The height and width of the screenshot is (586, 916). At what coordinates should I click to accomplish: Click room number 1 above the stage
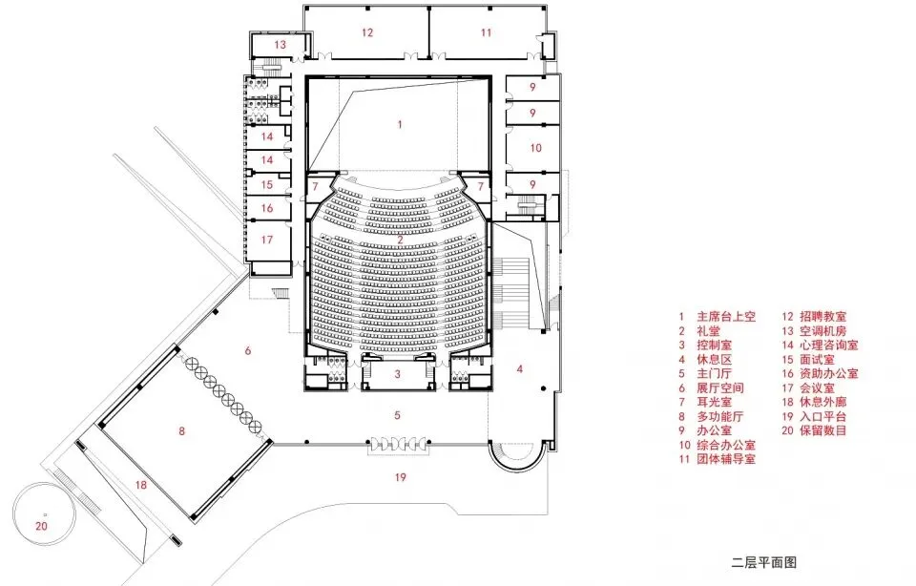[x=401, y=124]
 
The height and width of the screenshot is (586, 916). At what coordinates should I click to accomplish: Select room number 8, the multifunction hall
[x=182, y=430]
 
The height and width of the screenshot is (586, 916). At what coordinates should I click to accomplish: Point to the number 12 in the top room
[x=367, y=32]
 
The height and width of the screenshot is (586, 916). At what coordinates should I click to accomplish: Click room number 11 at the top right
[x=487, y=32]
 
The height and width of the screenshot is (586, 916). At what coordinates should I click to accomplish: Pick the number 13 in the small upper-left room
[x=281, y=45]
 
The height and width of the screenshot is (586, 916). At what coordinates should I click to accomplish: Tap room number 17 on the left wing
[x=268, y=240]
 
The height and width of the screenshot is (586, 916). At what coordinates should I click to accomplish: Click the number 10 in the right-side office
[x=535, y=148]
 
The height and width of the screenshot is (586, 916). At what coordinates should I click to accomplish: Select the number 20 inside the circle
[x=41, y=524]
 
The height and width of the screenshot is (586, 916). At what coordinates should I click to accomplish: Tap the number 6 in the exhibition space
[x=248, y=351]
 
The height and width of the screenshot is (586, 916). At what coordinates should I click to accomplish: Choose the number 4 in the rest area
[x=521, y=367]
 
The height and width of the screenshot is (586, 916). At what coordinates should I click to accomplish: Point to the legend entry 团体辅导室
[x=726, y=459]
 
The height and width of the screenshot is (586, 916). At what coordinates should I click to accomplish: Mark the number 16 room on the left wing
[x=268, y=208]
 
